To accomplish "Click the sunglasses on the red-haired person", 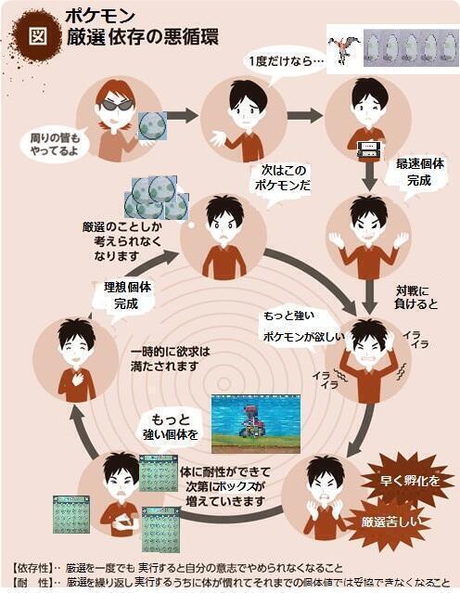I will (x=117, y=104).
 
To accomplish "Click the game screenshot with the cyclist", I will (x=255, y=421).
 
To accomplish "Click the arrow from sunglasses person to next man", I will (x=183, y=116).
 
